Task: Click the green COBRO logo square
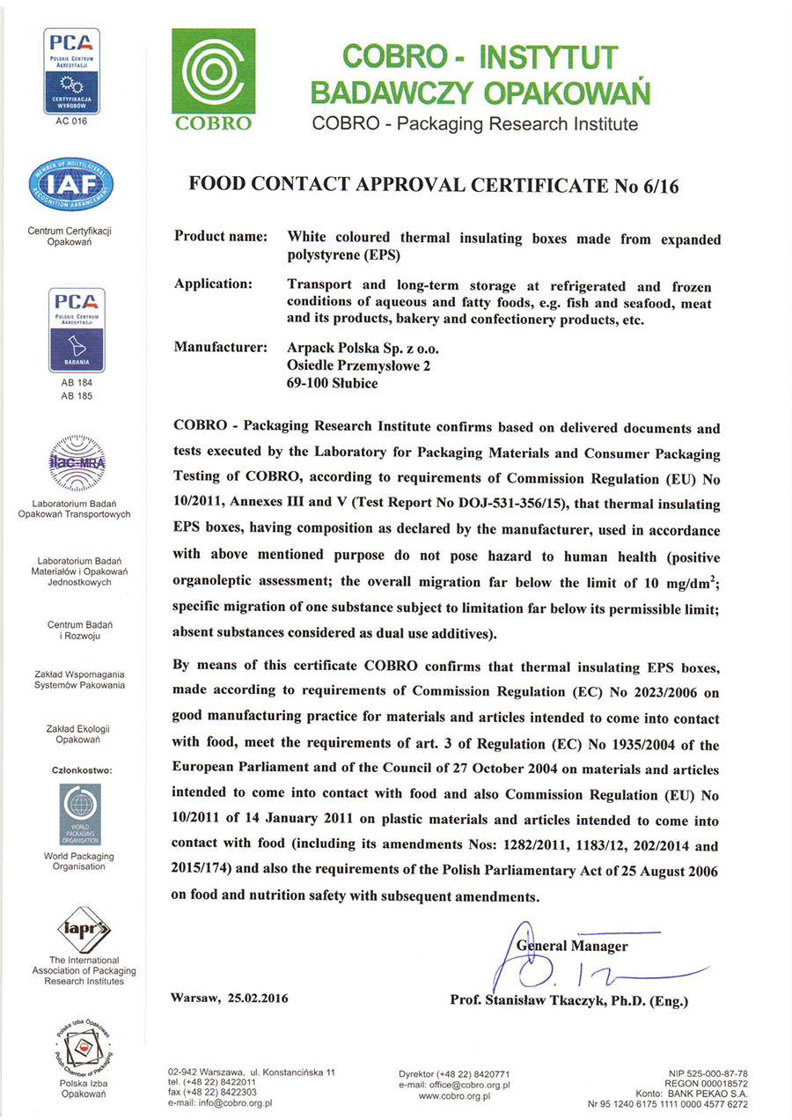[x=213, y=79]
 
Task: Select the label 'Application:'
[x=213, y=285]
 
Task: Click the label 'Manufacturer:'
[x=221, y=348]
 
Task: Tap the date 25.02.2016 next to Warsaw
[x=257, y=998]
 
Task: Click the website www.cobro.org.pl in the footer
[x=454, y=1095]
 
